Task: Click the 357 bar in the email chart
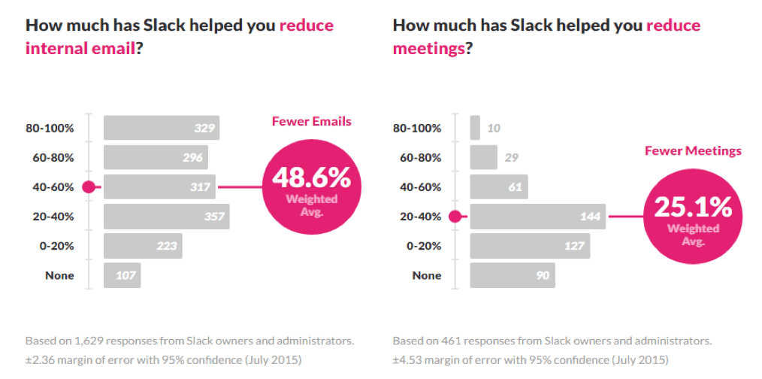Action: (166, 217)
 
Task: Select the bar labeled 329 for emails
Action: (161, 128)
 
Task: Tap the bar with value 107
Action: (122, 275)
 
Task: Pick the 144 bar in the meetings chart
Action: (539, 217)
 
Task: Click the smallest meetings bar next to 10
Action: (475, 128)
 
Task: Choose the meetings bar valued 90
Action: (513, 275)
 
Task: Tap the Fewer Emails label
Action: (311, 121)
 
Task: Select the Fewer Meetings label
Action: (693, 151)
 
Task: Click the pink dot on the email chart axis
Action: (89, 187)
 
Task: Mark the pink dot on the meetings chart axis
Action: (455, 217)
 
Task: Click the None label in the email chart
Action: (59, 275)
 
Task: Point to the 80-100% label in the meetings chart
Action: (417, 128)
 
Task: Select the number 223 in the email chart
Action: (167, 246)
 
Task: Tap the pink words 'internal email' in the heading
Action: (80, 49)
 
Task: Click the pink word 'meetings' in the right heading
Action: (427, 49)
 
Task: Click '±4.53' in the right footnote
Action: (408, 359)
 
